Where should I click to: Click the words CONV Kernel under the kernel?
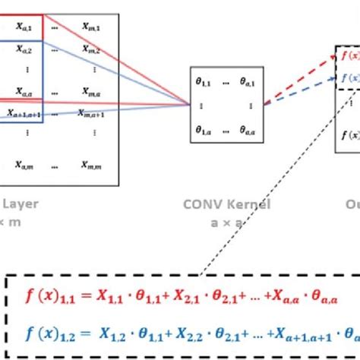pyautogui.click(x=226, y=204)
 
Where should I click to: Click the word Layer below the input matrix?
pyautogui.click(x=19, y=204)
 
